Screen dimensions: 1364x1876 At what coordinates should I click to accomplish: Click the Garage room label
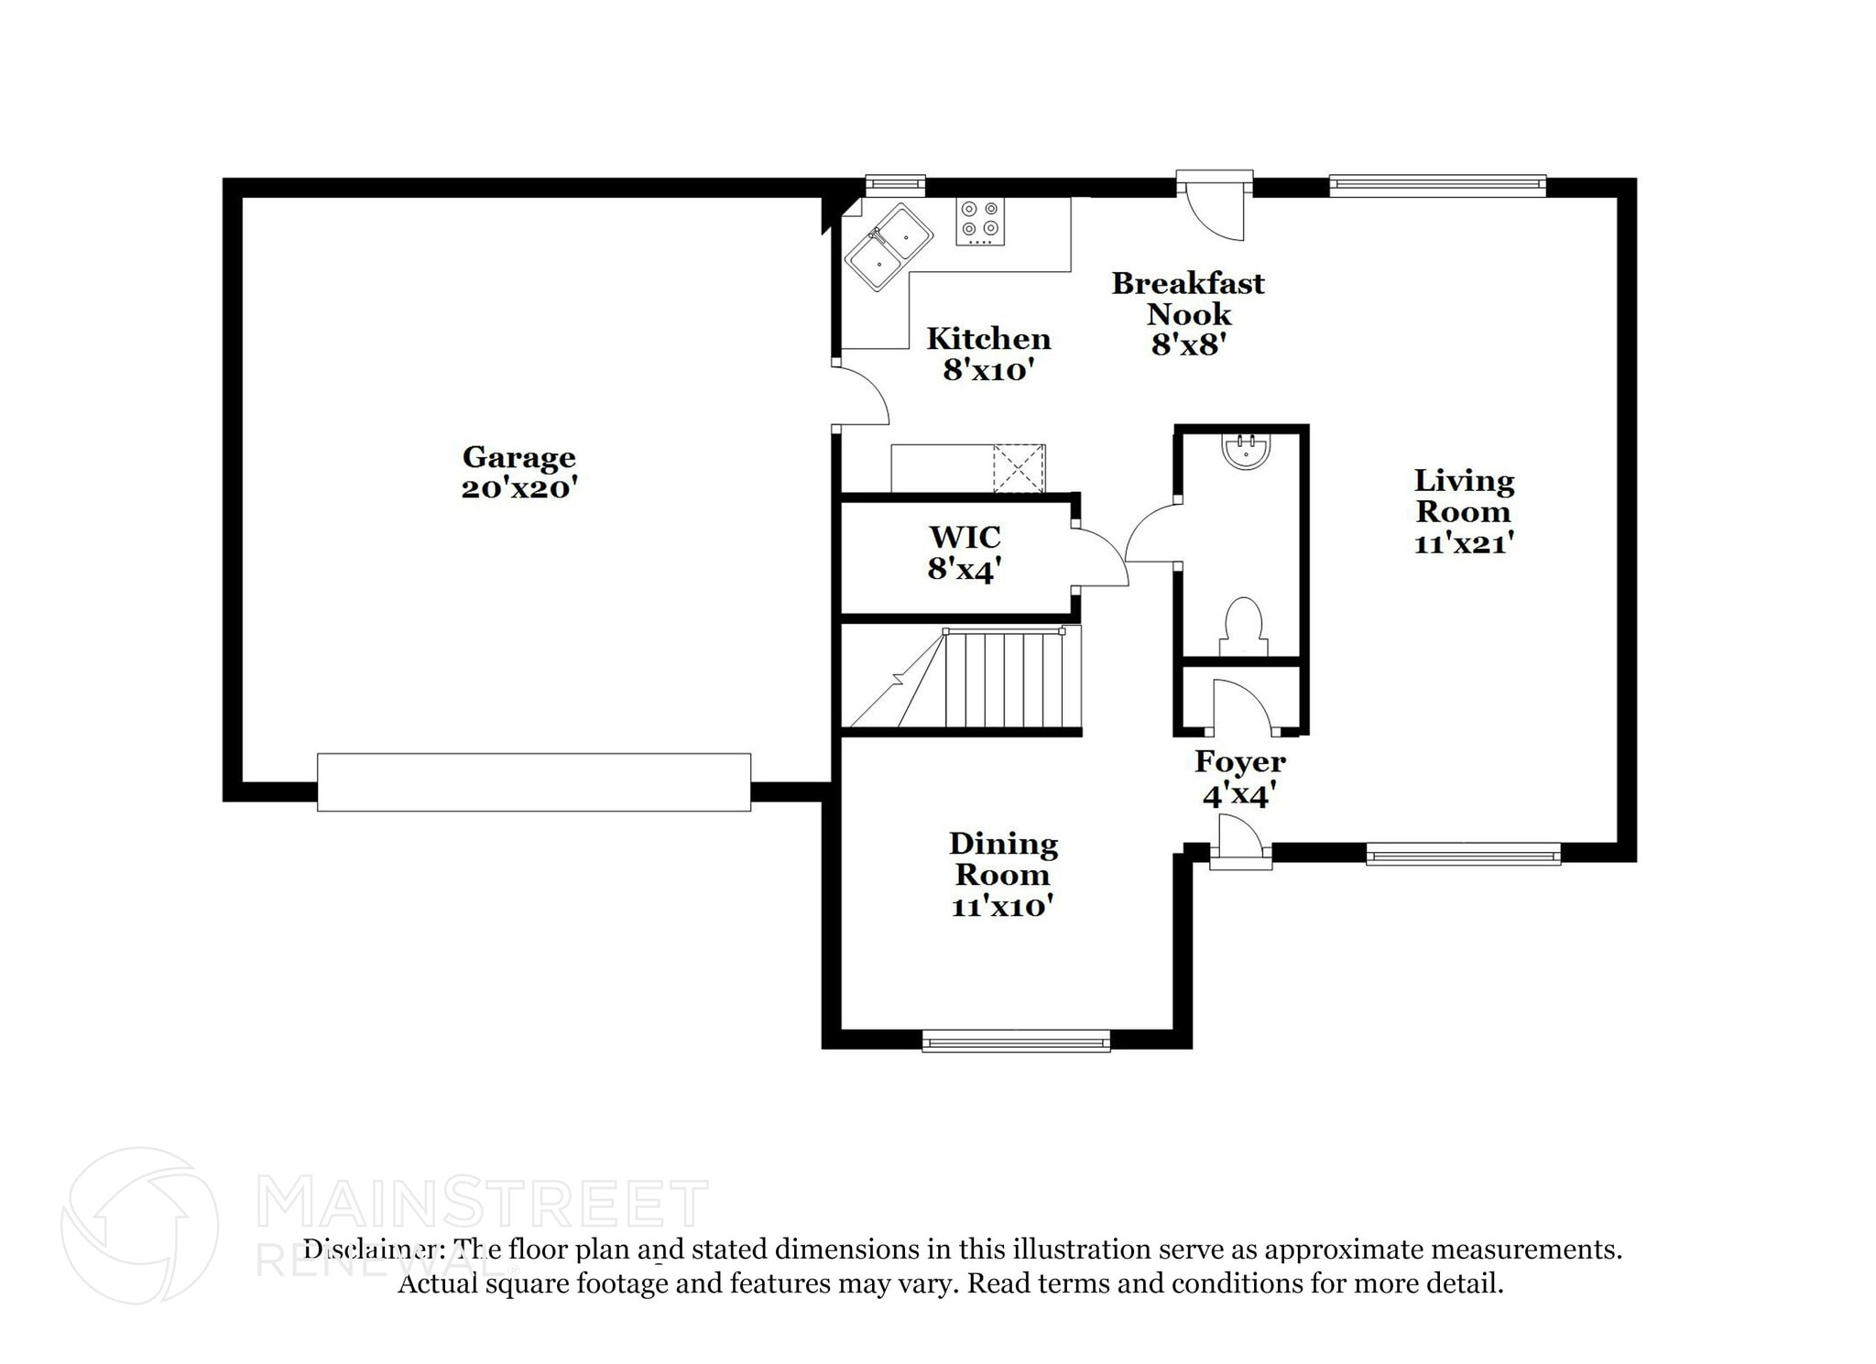tap(518, 457)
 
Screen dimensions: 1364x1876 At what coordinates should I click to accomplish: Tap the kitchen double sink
tap(888, 246)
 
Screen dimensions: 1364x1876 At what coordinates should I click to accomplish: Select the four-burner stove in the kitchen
tap(980, 221)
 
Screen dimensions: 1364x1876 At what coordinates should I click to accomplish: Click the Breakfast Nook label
tap(1188, 299)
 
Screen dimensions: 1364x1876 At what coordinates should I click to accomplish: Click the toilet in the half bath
tap(1244, 625)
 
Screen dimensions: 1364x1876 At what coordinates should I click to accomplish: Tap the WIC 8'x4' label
tap(964, 553)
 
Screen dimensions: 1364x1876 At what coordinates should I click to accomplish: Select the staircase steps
tap(1008, 679)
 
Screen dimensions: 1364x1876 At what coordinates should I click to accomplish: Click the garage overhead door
tap(534, 781)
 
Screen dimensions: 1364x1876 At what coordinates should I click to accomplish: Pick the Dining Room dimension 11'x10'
tap(1001, 907)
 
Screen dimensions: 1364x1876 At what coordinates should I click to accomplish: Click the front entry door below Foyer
tap(1240, 847)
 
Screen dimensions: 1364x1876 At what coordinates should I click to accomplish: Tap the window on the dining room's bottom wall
tap(1016, 1041)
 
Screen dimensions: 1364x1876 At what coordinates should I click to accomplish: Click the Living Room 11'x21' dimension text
tap(1463, 543)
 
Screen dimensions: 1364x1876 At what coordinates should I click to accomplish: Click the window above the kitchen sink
tap(895, 186)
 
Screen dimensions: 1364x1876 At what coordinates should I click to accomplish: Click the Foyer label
tap(1239, 761)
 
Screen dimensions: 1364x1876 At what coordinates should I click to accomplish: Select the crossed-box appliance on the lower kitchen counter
tap(1019, 468)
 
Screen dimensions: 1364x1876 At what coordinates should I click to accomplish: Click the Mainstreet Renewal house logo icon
tap(139, 1226)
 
